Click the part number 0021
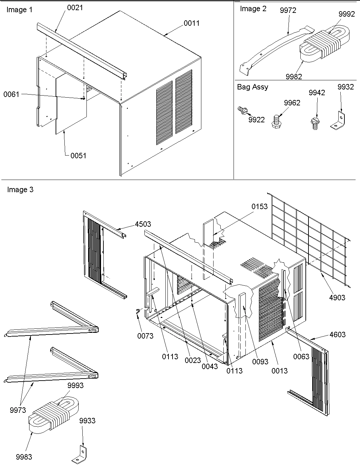[75, 8]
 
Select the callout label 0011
[192, 23]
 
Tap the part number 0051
[78, 156]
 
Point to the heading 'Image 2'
[253, 9]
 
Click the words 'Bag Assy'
[252, 87]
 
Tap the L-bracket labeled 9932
[338, 120]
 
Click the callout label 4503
[143, 224]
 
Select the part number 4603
[337, 335]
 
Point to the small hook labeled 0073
[137, 313]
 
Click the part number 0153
[259, 206]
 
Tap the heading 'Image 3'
[20, 189]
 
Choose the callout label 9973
[18, 410]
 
